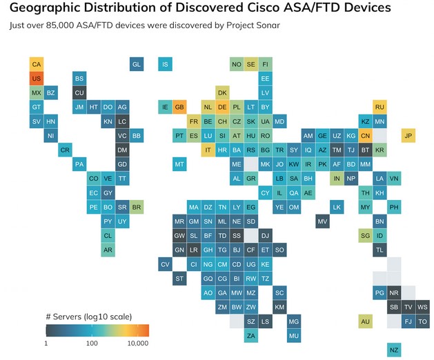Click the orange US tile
[37, 79]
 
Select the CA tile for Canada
[37, 64]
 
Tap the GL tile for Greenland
[137, 64]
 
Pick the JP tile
[408, 136]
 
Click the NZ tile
[394, 350]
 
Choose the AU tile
[366, 321]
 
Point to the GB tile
[179, 108]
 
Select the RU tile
[379, 108]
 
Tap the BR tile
[137, 207]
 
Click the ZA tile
[251, 336]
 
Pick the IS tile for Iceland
[165, 64]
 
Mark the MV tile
[322, 221]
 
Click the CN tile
[366, 136]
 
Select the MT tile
[179, 164]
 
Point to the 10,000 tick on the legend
[139, 342]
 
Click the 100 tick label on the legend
[92, 342]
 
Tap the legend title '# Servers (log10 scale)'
[88, 317]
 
